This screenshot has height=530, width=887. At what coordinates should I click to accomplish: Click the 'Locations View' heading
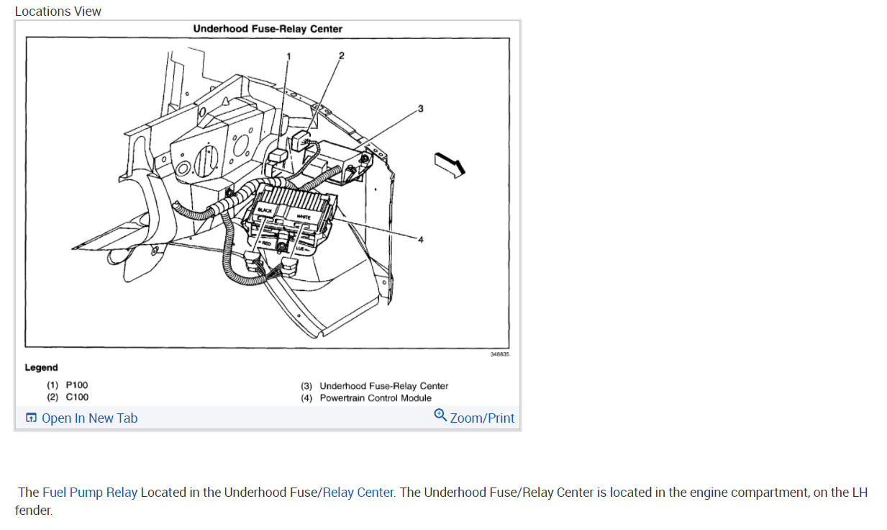(58, 12)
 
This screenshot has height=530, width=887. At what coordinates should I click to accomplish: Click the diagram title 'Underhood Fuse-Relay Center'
(268, 29)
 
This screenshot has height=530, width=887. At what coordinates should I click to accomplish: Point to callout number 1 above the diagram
(289, 55)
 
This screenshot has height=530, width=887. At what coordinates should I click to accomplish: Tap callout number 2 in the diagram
(342, 55)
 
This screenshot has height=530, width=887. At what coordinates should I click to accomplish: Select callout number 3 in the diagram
(421, 109)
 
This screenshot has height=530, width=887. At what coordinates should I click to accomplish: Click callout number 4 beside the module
(421, 240)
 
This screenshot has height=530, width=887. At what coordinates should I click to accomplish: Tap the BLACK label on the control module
(265, 210)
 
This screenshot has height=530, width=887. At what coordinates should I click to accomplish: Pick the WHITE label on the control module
(304, 217)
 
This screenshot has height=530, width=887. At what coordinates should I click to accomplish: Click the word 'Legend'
(41, 367)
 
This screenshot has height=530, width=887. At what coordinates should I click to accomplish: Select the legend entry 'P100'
(77, 385)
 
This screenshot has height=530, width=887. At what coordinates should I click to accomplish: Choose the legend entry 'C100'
(77, 397)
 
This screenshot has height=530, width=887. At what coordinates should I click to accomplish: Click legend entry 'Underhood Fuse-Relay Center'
(383, 386)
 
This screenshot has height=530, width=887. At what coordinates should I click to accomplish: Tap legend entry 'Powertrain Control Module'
(376, 397)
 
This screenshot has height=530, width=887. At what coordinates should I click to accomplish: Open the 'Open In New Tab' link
(89, 418)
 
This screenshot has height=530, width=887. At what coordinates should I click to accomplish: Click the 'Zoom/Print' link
(482, 418)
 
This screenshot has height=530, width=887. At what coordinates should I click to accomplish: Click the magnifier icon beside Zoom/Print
(440, 416)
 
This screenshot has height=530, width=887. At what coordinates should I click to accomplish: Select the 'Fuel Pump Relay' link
(90, 493)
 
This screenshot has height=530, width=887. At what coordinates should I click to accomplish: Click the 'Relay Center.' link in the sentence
(359, 493)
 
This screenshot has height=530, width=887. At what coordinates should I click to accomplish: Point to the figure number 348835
(499, 354)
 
